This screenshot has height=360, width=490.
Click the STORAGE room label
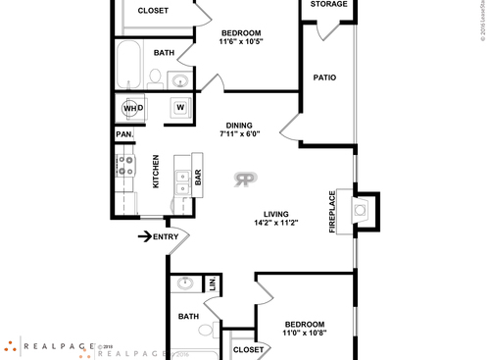pyautogui.click(x=328, y=5)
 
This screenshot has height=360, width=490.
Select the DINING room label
pyautogui.click(x=240, y=126)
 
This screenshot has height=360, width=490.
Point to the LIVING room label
pyautogui.click(x=276, y=214)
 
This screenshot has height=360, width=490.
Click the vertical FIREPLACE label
pyautogui.click(x=332, y=209)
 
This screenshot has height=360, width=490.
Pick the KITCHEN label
pyautogui.click(x=156, y=172)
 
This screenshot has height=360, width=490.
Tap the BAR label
pyautogui.click(x=198, y=178)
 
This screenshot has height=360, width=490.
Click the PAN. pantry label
pyautogui.click(x=124, y=134)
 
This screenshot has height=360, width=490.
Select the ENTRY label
pyautogui.click(x=167, y=235)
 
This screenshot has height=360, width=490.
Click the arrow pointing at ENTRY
pyautogui.click(x=144, y=235)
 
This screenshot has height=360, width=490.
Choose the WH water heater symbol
pyautogui.click(x=132, y=108)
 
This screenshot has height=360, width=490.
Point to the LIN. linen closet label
pyautogui.click(x=213, y=284)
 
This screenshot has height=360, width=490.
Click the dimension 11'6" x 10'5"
pyautogui.click(x=239, y=41)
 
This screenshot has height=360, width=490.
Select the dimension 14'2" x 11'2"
pyautogui.click(x=275, y=224)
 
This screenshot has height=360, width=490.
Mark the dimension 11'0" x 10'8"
pyautogui.click(x=305, y=334)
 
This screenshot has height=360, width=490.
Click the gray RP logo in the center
pyautogui.click(x=245, y=179)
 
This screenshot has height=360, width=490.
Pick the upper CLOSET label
pyautogui.click(x=153, y=11)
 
